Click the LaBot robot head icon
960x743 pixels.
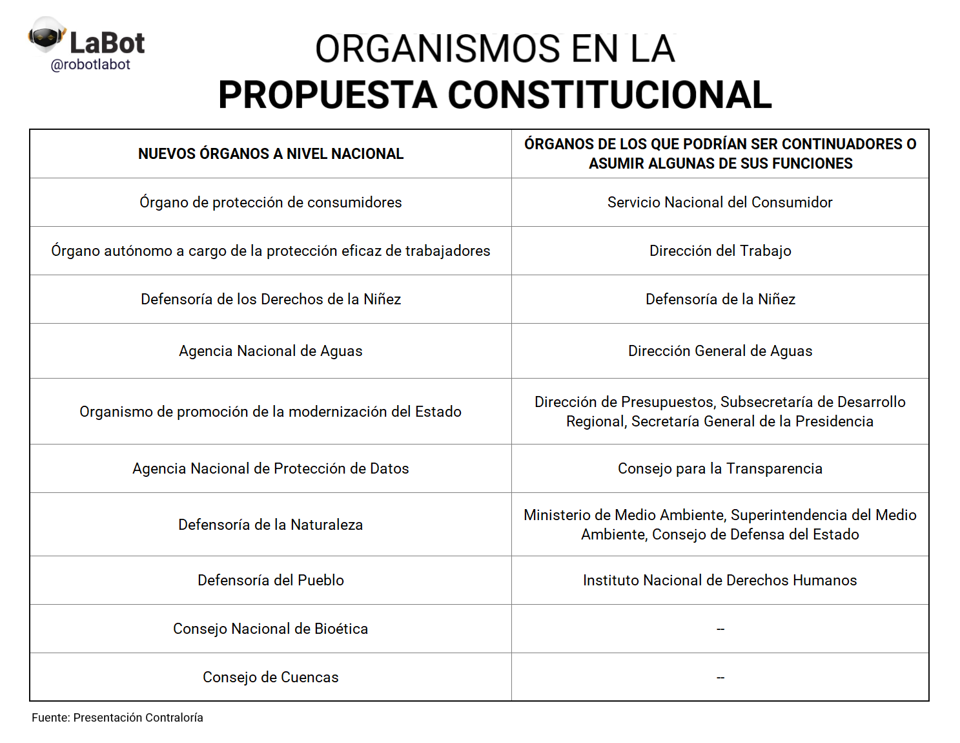pyautogui.click(x=46, y=36)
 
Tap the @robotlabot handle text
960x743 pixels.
pyautogui.click(x=90, y=65)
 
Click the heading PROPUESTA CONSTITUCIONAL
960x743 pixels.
pyautogui.click(x=495, y=95)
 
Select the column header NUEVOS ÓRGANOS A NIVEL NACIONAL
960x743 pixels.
pyautogui.click(x=271, y=154)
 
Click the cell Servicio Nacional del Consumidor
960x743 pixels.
pyautogui.click(x=720, y=202)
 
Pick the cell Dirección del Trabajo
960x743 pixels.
pyautogui.click(x=720, y=251)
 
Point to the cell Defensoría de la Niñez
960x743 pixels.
pyautogui.click(x=720, y=299)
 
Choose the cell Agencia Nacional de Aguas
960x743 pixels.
pyautogui.click(x=271, y=351)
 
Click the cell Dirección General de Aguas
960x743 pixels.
pyautogui.click(x=720, y=351)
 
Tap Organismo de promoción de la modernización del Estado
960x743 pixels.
pyautogui.click(x=271, y=412)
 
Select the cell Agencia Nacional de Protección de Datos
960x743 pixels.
pyautogui.click(x=271, y=468)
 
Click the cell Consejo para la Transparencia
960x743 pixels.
pyautogui.click(x=720, y=468)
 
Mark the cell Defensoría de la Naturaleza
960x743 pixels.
pyautogui.click(x=271, y=525)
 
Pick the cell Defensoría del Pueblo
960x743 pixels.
pyautogui.click(x=271, y=580)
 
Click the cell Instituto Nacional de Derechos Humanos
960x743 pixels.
pyautogui.click(x=720, y=580)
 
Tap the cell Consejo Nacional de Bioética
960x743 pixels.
pyautogui.click(x=271, y=629)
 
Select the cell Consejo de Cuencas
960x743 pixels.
pyautogui.click(x=271, y=677)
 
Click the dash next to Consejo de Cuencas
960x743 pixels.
pyautogui.click(x=720, y=678)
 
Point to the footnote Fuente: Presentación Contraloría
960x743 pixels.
pyautogui.click(x=117, y=718)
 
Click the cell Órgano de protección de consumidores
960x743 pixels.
pyautogui.click(x=271, y=202)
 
